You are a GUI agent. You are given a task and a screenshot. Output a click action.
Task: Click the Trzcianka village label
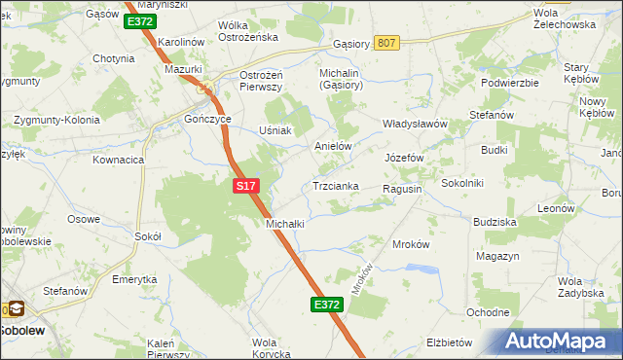pos(336,186)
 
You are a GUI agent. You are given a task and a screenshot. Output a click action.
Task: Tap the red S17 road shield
pos(245,184)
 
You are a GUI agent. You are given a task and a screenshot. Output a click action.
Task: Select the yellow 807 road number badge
pos(387,43)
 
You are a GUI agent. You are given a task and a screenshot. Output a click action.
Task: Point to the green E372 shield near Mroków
pos(327,305)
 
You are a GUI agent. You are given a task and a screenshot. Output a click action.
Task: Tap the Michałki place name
pos(285,224)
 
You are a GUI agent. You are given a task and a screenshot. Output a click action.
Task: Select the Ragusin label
pos(401,189)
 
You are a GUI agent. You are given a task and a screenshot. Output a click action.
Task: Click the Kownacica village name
pos(119,159)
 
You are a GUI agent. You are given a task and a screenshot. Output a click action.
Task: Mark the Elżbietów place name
pos(450,342)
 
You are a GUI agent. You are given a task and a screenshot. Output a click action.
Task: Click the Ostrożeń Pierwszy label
pos(261,81)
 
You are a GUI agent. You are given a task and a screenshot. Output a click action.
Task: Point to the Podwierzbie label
pos(510,83)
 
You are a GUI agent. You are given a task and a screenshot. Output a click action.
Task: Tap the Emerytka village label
pos(134,279)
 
